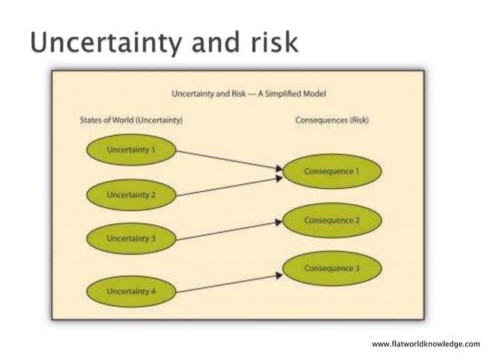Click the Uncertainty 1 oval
click(x=131, y=150)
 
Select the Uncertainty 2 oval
click(x=131, y=195)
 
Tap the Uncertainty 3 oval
click(x=131, y=238)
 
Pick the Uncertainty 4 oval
click(x=131, y=292)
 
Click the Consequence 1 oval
click(x=331, y=171)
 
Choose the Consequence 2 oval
click(x=331, y=220)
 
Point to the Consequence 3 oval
click(x=331, y=268)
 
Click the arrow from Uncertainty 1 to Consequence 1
click(x=229, y=161)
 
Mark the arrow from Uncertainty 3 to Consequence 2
click(x=229, y=231)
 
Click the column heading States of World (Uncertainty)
click(x=131, y=120)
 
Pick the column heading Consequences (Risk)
click(x=331, y=120)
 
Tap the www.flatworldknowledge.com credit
click(x=426, y=344)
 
